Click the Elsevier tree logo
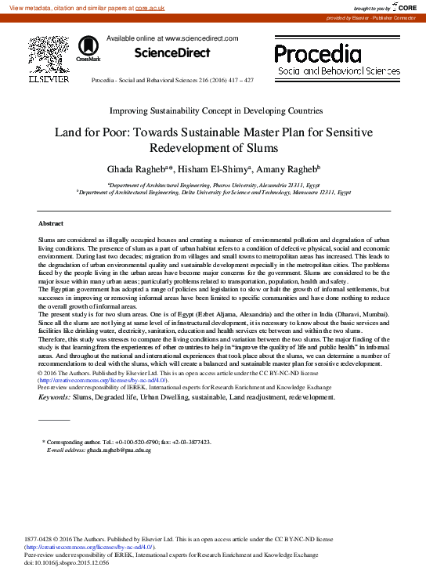coord(49,54)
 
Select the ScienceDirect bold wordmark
coord(172,53)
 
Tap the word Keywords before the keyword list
coord(53,397)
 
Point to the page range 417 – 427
coord(238,81)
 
